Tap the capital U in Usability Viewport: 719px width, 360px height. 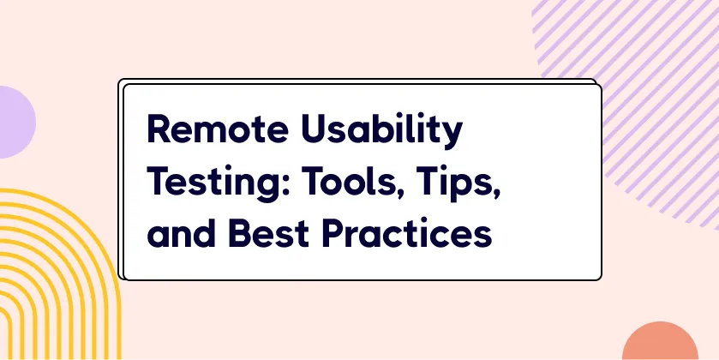315,129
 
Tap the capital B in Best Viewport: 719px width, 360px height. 239,233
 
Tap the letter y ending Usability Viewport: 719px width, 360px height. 452,136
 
